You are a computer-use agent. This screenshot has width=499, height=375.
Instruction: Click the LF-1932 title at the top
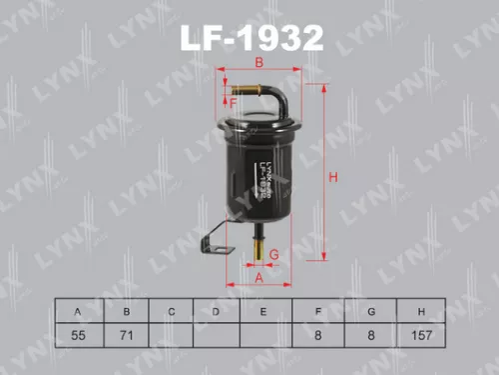250,39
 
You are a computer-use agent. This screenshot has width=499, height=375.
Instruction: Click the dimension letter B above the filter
258,63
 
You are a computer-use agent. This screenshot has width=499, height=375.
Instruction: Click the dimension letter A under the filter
258,277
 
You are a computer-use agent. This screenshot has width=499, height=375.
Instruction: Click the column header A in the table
78,311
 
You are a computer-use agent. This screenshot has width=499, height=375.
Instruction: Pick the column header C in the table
172,311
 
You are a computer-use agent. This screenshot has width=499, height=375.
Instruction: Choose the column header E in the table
264,311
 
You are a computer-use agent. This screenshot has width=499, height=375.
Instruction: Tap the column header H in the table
423,311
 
